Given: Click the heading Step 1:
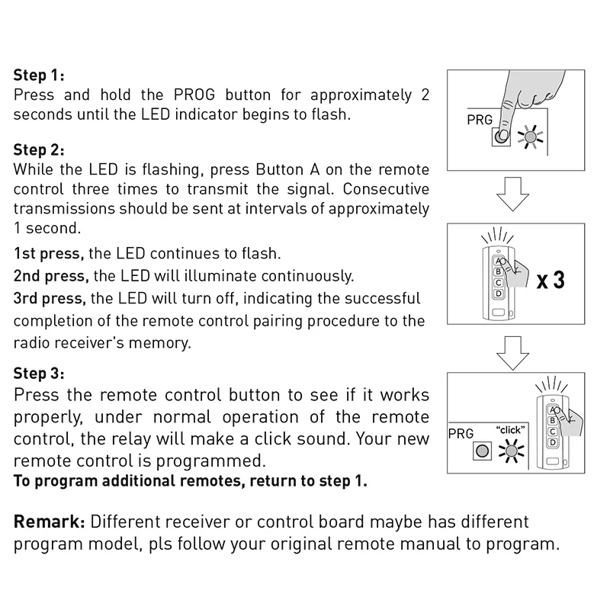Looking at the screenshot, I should pyautogui.click(x=39, y=76).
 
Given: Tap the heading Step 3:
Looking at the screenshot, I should pyautogui.click(x=39, y=374).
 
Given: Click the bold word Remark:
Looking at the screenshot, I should pyautogui.click(x=49, y=522).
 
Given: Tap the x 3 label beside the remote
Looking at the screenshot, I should pyautogui.click(x=550, y=280).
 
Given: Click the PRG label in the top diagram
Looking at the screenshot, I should pyautogui.click(x=480, y=120).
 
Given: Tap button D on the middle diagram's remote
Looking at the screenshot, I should pyautogui.click(x=499, y=293).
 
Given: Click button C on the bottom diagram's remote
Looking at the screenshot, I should pyautogui.click(x=551, y=432).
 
